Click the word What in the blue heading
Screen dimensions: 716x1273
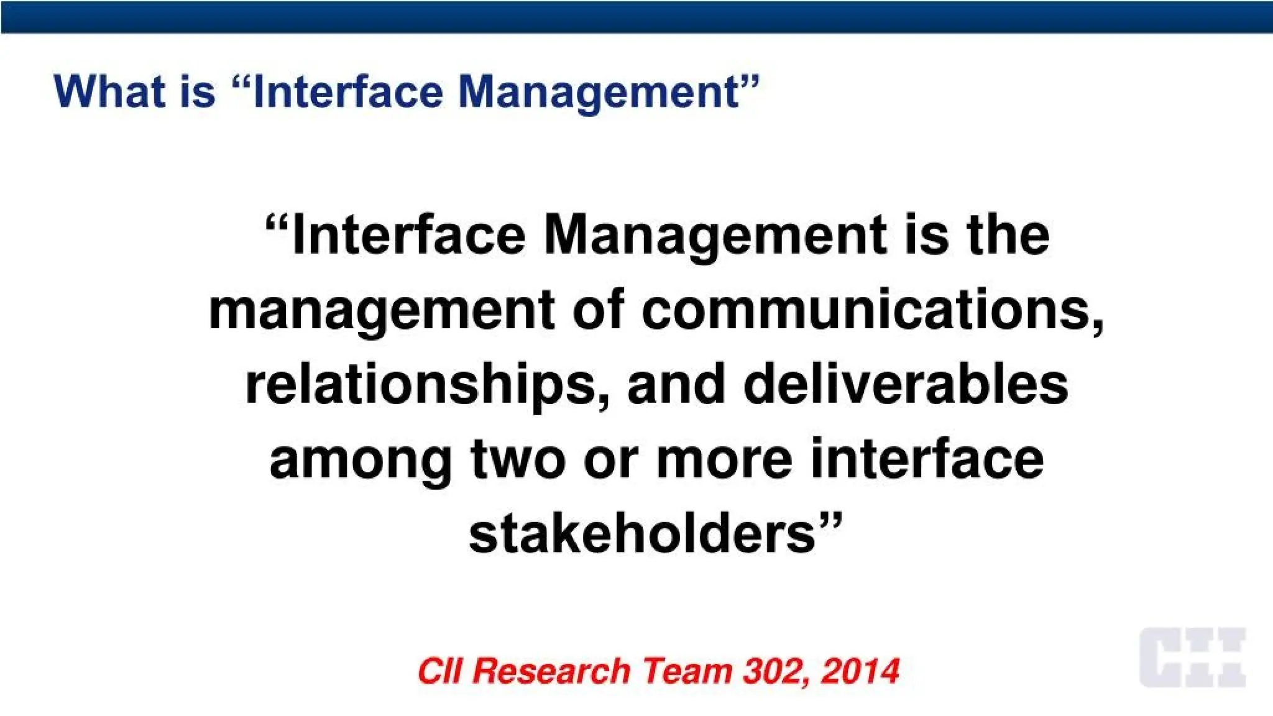[109, 92]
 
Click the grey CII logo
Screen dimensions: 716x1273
[1192, 658]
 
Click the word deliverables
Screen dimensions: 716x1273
[906, 383]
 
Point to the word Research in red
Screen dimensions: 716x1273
[551, 671]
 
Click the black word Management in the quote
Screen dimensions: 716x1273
[715, 236]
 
